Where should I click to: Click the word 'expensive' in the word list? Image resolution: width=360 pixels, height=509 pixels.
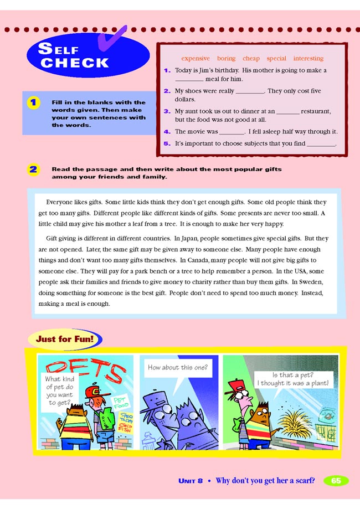[196, 58]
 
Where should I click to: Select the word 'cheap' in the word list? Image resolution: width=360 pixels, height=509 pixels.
[251, 58]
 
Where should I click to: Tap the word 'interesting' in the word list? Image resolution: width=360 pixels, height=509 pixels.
[308, 58]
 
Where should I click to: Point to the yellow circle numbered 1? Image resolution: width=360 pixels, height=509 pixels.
[34, 102]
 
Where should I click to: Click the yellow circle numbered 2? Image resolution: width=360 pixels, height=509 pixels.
[34, 169]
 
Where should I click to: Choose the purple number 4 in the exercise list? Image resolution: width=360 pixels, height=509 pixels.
[167, 132]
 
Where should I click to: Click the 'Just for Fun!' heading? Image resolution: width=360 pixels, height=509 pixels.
[64, 338]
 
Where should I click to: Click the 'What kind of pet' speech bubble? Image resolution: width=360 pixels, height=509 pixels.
[59, 390]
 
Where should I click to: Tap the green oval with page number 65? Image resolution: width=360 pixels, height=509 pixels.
[336, 480]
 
